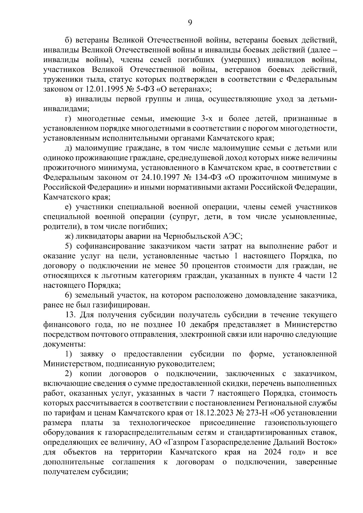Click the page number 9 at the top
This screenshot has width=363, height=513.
pyautogui.click(x=190, y=22)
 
